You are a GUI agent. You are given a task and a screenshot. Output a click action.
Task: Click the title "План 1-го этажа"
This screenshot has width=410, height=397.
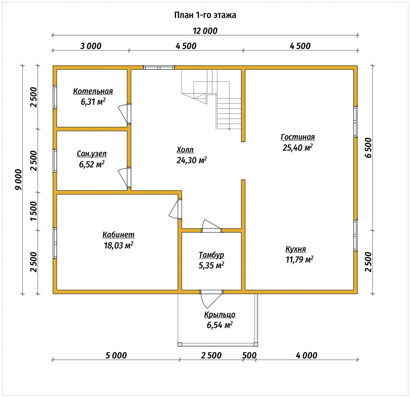coord(205,15)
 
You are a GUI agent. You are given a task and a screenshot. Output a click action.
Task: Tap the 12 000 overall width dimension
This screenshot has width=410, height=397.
coord(205,31)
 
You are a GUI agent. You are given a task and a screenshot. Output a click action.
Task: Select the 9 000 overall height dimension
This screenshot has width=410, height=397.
coord(19,179)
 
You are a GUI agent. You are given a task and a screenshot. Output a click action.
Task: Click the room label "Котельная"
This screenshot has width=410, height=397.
coord(93,91)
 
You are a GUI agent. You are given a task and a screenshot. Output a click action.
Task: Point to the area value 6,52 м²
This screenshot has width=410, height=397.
coord(92,164)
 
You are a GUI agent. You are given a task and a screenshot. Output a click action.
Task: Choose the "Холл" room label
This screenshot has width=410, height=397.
coord(185,150)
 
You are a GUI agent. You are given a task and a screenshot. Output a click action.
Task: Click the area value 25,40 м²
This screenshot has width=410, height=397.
coord(298,147)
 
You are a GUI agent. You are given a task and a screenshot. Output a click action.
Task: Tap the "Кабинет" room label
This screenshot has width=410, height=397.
coord(119,235)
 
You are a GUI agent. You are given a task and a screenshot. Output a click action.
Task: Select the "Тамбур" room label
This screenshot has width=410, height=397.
coord(211,255)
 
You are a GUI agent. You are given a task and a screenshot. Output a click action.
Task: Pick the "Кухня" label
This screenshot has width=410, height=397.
coord(296,249)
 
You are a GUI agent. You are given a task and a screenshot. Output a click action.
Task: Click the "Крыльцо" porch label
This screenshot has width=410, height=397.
coord(219,314)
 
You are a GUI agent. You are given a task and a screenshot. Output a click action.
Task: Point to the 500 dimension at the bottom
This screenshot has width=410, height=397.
coord(249,355)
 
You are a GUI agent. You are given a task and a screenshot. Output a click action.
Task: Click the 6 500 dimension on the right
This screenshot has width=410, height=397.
coord(368,148)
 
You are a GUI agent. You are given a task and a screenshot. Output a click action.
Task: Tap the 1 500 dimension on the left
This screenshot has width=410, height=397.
coord(34,211)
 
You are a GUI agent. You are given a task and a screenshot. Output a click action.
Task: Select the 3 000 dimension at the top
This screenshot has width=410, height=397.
coord(91,46)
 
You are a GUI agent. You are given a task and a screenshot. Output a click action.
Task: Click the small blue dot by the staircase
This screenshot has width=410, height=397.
coord(229,129)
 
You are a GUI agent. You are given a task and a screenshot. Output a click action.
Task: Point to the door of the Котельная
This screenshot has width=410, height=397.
coord(125,113)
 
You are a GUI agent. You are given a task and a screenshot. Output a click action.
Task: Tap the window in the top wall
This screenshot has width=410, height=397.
coord(159,68)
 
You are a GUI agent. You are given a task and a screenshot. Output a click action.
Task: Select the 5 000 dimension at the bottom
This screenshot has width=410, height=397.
coord(116,355)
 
